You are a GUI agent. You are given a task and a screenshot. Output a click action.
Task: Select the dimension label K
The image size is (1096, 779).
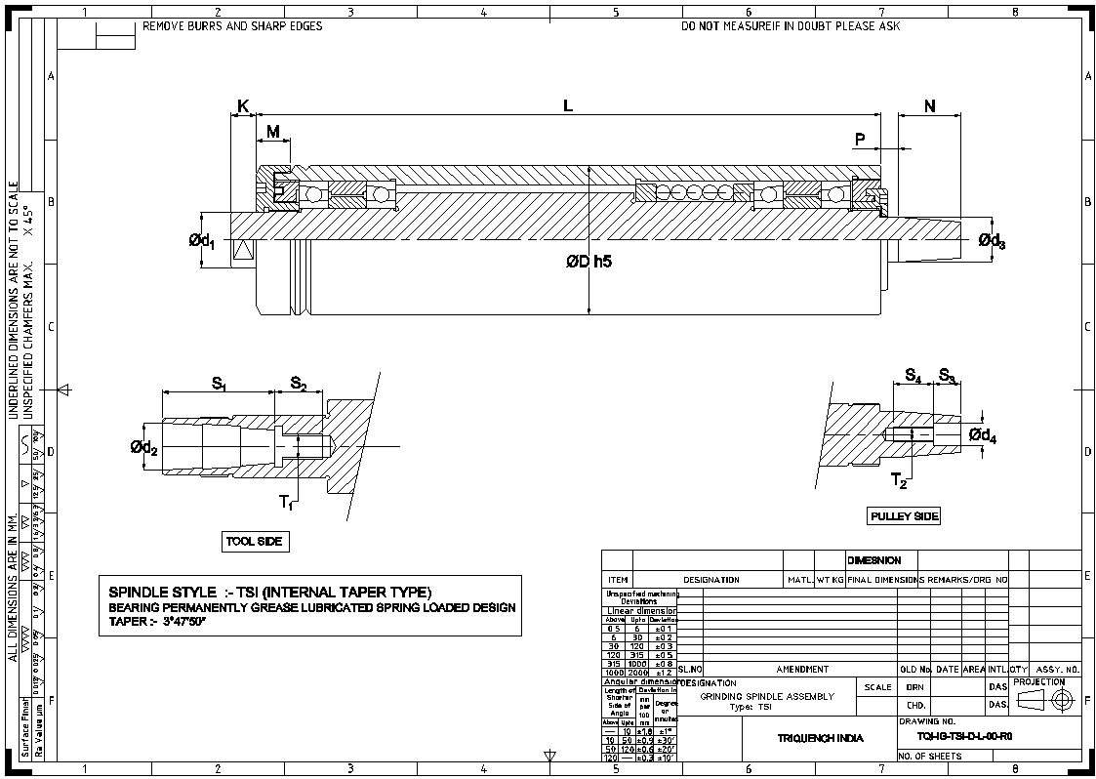point(242,105)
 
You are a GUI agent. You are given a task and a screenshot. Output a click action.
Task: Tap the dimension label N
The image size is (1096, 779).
point(929,105)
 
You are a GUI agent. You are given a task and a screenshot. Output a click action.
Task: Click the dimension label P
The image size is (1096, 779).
point(860,140)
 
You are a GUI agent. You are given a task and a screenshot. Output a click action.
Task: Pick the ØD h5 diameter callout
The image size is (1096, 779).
point(588,262)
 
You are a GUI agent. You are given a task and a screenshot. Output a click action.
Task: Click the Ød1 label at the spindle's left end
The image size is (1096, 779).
point(202,239)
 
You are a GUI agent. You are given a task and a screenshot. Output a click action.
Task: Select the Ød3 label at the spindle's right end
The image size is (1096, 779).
point(992,240)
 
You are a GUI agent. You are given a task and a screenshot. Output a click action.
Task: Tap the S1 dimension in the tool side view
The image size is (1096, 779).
point(219,384)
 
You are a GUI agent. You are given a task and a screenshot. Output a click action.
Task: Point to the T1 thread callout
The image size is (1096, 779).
point(286,502)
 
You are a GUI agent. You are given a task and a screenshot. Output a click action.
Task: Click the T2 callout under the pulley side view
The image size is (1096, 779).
point(899,481)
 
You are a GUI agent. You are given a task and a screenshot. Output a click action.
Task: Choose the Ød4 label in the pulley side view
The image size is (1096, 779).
point(983,436)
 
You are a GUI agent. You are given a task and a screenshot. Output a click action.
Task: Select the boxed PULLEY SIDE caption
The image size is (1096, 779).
point(904,515)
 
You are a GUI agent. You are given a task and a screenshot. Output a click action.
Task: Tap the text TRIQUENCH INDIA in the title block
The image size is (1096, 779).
point(820,738)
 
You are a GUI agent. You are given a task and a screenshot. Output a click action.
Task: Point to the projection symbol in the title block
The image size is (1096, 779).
point(1048,699)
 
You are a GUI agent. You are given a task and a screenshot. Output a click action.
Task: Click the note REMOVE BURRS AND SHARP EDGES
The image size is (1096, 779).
point(232,26)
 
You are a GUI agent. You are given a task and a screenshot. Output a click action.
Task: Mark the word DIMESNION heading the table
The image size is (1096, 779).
point(874,560)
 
